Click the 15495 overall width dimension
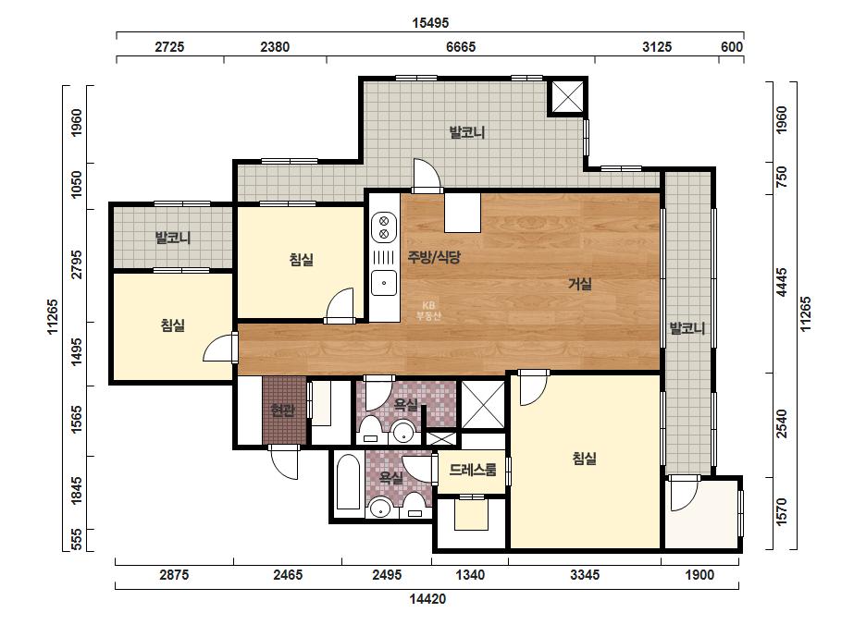pos(430,23)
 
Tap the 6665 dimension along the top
pos(461,47)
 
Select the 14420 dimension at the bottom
pos(427,599)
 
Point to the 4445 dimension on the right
pos(782,281)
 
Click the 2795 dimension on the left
pos(77,264)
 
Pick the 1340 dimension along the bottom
pos(470,575)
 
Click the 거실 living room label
pos(580,284)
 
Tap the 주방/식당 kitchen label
pos(434,257)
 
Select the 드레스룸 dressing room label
pos(473,470)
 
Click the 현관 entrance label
pos(283,410)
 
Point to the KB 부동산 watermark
pos(428,311)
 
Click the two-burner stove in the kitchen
pos(384,227)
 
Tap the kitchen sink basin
pos(384,283)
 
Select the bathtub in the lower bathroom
pos(349,482)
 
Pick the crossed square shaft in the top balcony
pos(567,97)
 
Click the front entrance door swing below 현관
pos(285,462)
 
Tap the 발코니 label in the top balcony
pos(466,132)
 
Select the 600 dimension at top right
pos(732,47)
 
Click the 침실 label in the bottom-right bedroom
pos(585,459)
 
